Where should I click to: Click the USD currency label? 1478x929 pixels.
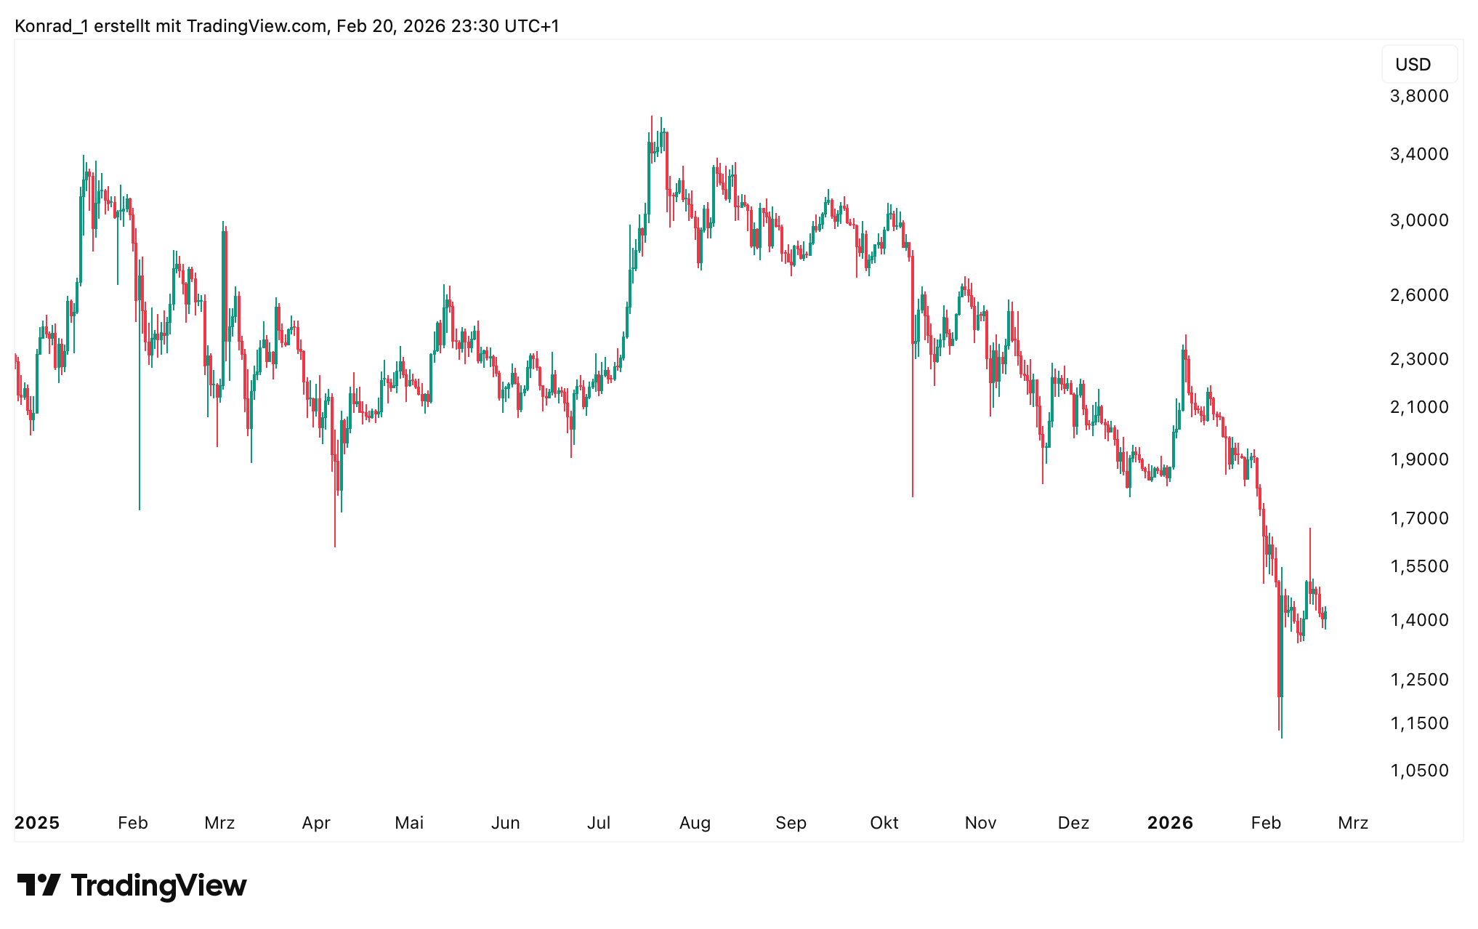click(1413, 65)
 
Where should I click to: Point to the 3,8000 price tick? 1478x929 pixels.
click(1418, 96)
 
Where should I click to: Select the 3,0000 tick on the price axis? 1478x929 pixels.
click(1418, 220)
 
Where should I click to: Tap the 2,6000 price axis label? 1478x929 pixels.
click(1418, 295)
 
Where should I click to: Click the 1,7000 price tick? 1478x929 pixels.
click(1418, 518)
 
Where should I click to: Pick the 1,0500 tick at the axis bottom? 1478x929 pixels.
click(1418, 771)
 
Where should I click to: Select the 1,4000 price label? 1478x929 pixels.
click(1418, 620)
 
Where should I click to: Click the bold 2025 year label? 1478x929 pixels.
click(37, 823)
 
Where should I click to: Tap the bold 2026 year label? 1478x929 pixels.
click(1170, 823)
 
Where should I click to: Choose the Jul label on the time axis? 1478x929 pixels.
click(599, 823)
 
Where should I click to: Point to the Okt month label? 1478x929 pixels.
click(884, 823)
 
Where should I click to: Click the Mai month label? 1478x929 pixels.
click(409, 823)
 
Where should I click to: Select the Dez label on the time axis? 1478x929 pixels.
click(1073, 823)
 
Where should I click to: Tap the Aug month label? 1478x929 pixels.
click(695, 823)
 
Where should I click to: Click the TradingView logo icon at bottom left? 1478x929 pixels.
click(39, 885)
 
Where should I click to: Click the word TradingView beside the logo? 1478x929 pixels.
click(159, 885)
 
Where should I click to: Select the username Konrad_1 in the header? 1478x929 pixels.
click(52, 26)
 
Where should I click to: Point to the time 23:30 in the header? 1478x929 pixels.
click(475, 26)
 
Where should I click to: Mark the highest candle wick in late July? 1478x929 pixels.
click(652, 117)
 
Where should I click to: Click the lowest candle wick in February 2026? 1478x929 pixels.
click(1282, 736)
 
